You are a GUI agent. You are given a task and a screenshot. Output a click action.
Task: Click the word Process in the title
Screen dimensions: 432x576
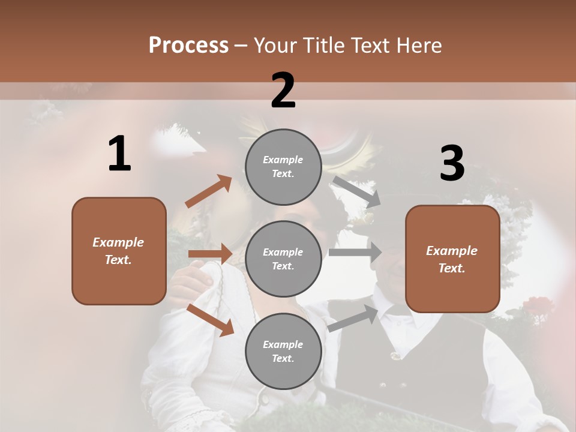point(188,46)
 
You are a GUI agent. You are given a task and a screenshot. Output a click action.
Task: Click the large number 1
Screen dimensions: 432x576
point(119,154)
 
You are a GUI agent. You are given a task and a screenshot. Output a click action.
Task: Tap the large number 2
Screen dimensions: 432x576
point(283,91)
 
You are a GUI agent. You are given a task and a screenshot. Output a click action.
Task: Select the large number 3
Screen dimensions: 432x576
point(452,163)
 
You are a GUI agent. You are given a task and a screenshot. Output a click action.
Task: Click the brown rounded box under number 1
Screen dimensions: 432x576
point(119,251)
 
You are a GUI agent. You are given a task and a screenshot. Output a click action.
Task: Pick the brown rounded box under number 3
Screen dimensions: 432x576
point(452,259)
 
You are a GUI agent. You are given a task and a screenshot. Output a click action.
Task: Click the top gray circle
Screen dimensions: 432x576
point(283,166)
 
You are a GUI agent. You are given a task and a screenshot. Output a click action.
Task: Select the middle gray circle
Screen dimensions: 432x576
point(283,259)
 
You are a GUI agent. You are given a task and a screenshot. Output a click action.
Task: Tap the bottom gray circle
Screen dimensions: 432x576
point(283,351)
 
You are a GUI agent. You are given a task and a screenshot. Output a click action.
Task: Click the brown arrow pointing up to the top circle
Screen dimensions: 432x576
point(208,191)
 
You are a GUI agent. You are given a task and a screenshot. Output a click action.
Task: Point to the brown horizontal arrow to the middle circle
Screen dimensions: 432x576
point(210,254)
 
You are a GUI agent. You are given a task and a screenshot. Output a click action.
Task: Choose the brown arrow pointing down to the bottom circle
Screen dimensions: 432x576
point(211,319)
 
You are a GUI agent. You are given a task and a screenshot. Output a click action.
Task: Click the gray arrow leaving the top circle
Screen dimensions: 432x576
point(356,191)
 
